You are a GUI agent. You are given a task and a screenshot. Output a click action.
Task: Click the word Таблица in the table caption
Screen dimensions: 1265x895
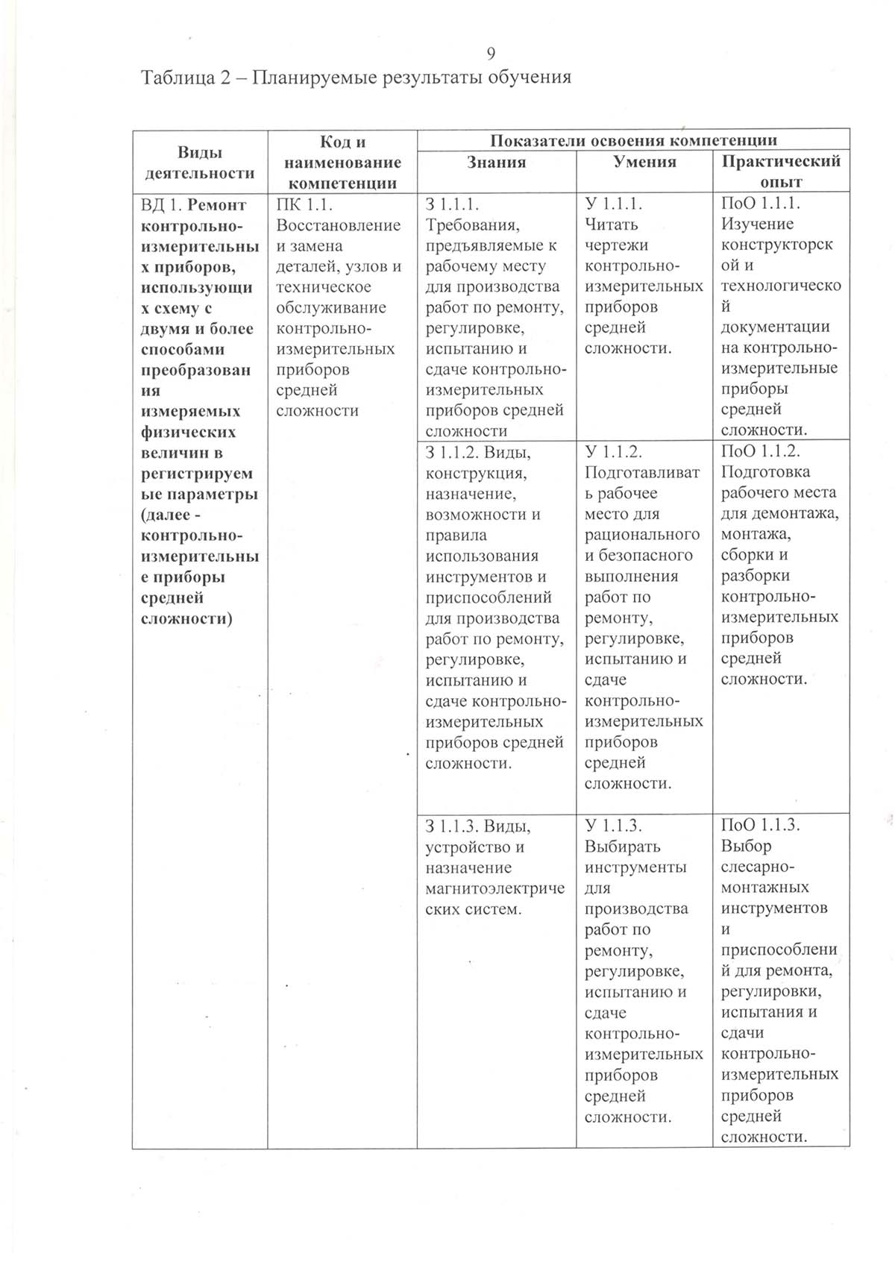175,78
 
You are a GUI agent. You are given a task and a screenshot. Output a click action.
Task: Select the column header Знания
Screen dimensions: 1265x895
496,162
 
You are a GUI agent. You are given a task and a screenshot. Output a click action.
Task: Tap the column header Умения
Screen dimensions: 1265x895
644,162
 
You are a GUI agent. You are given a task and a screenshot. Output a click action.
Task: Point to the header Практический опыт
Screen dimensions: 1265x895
781,171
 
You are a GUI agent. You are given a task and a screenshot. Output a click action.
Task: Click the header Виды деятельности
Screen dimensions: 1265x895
199,163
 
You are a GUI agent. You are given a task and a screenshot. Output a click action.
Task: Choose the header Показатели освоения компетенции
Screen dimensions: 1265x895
633,140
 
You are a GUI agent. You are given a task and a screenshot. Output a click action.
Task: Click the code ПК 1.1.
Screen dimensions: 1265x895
303,204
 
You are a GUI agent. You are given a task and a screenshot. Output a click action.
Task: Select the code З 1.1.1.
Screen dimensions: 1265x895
452,204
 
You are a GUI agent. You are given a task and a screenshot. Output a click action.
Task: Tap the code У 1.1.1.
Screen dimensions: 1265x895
614,204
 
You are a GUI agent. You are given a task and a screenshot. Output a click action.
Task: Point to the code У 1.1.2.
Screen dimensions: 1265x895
614,451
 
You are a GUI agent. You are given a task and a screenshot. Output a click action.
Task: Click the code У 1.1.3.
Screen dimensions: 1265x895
614,826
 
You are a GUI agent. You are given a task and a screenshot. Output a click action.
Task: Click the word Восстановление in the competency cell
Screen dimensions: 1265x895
338,225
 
